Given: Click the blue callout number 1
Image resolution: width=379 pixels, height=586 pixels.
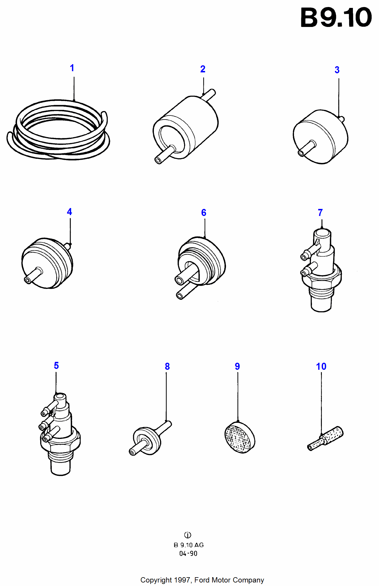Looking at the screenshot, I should coord(72,68).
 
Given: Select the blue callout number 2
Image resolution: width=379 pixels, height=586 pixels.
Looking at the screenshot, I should coord(203,69).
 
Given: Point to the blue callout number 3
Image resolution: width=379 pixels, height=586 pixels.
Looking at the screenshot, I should coord(337,70).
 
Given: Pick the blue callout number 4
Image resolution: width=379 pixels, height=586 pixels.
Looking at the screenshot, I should coord(69,212).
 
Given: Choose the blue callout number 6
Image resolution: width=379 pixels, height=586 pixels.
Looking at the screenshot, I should coord(204,213).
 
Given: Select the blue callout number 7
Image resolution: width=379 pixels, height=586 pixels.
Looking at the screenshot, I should coord(320,213).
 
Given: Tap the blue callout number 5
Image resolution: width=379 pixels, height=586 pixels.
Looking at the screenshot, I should coord(56,366).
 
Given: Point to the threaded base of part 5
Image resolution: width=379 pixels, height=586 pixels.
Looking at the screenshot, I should coord(60,466).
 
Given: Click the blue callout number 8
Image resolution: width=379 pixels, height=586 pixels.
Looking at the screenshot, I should coord(167,367).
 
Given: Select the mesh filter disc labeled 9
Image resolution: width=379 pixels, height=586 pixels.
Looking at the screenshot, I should coord(240,438).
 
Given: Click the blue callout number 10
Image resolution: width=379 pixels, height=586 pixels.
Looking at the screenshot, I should coord(321,367).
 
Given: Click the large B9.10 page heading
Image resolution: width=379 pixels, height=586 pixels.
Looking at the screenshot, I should coord(336,18).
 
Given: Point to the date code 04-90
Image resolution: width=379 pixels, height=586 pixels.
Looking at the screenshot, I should coord(188,553).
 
